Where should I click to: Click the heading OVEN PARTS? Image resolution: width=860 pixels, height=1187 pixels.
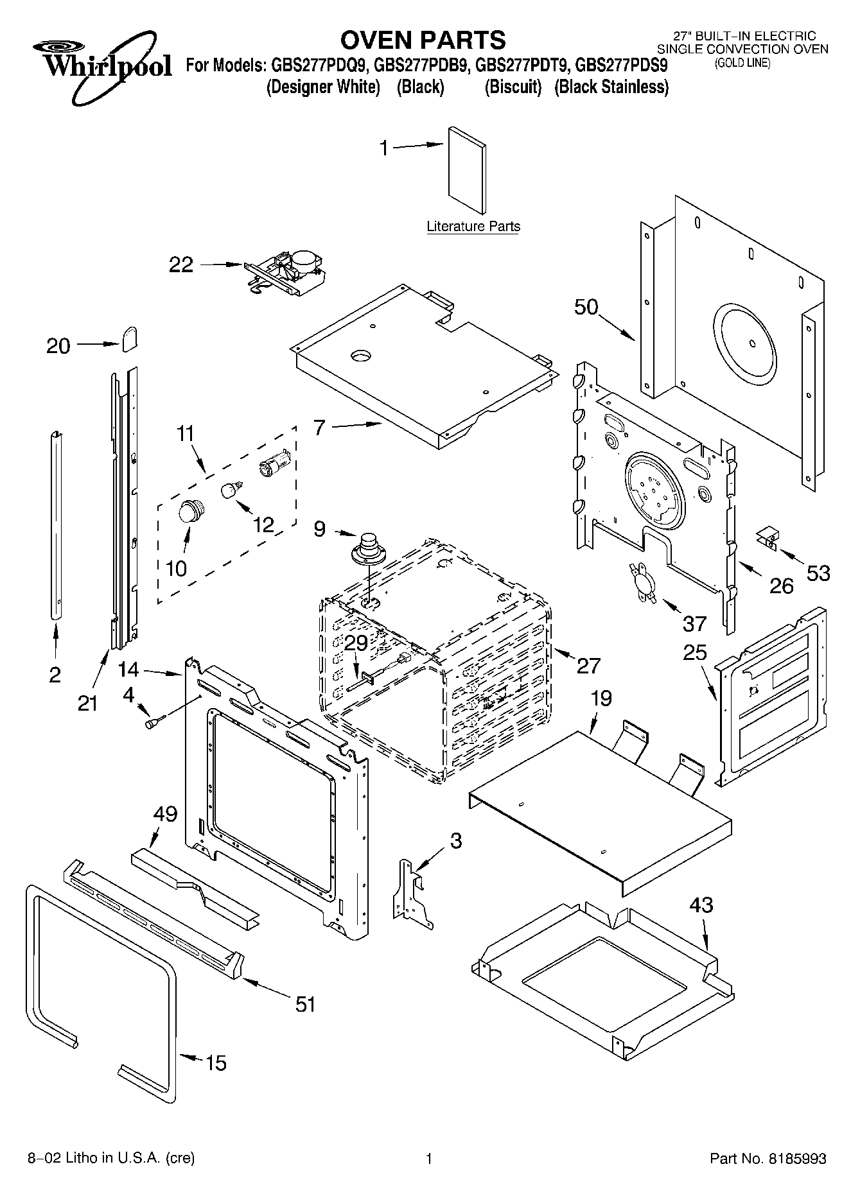[423, 40]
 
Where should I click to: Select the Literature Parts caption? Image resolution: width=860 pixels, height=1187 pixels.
[473, 227]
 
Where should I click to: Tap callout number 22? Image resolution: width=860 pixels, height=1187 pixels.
[180, 264]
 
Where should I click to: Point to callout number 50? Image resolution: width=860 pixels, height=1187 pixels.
[586, 307]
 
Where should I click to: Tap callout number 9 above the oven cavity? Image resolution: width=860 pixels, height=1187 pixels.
[319, 529]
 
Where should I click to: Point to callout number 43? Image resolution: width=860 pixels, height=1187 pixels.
[701, 905]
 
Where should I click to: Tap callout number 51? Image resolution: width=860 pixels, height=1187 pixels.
[306, 1004]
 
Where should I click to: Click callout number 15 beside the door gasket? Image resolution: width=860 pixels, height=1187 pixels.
[216, 1063]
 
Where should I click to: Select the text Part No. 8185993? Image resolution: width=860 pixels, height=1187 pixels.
[768, 1159]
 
